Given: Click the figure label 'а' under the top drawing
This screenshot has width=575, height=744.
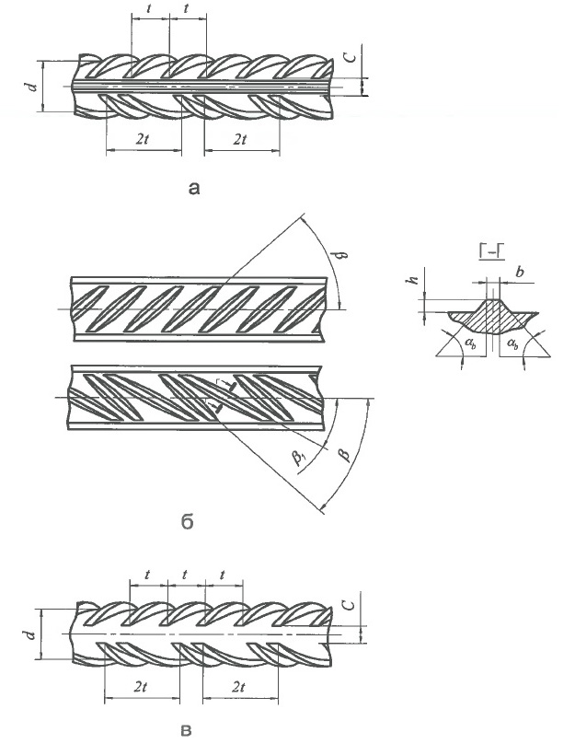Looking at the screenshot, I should tap(192, 189).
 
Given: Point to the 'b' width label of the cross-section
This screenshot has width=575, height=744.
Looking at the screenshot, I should tap(522, 273).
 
